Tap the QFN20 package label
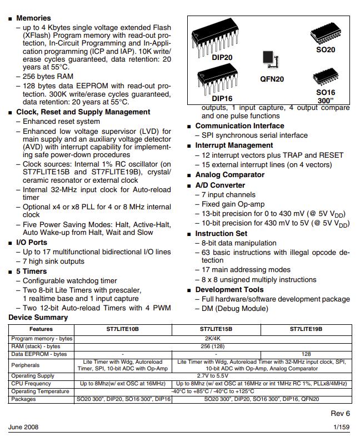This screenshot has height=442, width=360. click(272, 79)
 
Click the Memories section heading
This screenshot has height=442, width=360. click(33, 18)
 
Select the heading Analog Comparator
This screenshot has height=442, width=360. click(222, 174)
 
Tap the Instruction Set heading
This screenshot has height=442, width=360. click(221, 233)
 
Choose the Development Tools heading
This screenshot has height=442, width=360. click(229, 289)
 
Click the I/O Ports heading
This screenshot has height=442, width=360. click(31, 242)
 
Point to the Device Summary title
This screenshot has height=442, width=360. click(38, 318)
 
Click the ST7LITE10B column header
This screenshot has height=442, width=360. click(123, 329)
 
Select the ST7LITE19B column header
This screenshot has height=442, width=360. click(306, 329)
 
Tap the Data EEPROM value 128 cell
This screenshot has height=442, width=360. click(306, 354)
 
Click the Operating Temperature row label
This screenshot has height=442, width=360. click(40, 391)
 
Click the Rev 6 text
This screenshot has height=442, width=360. click(340, 414)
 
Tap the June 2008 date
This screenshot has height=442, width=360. click(23, 427)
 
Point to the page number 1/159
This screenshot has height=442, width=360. click(342, 427)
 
